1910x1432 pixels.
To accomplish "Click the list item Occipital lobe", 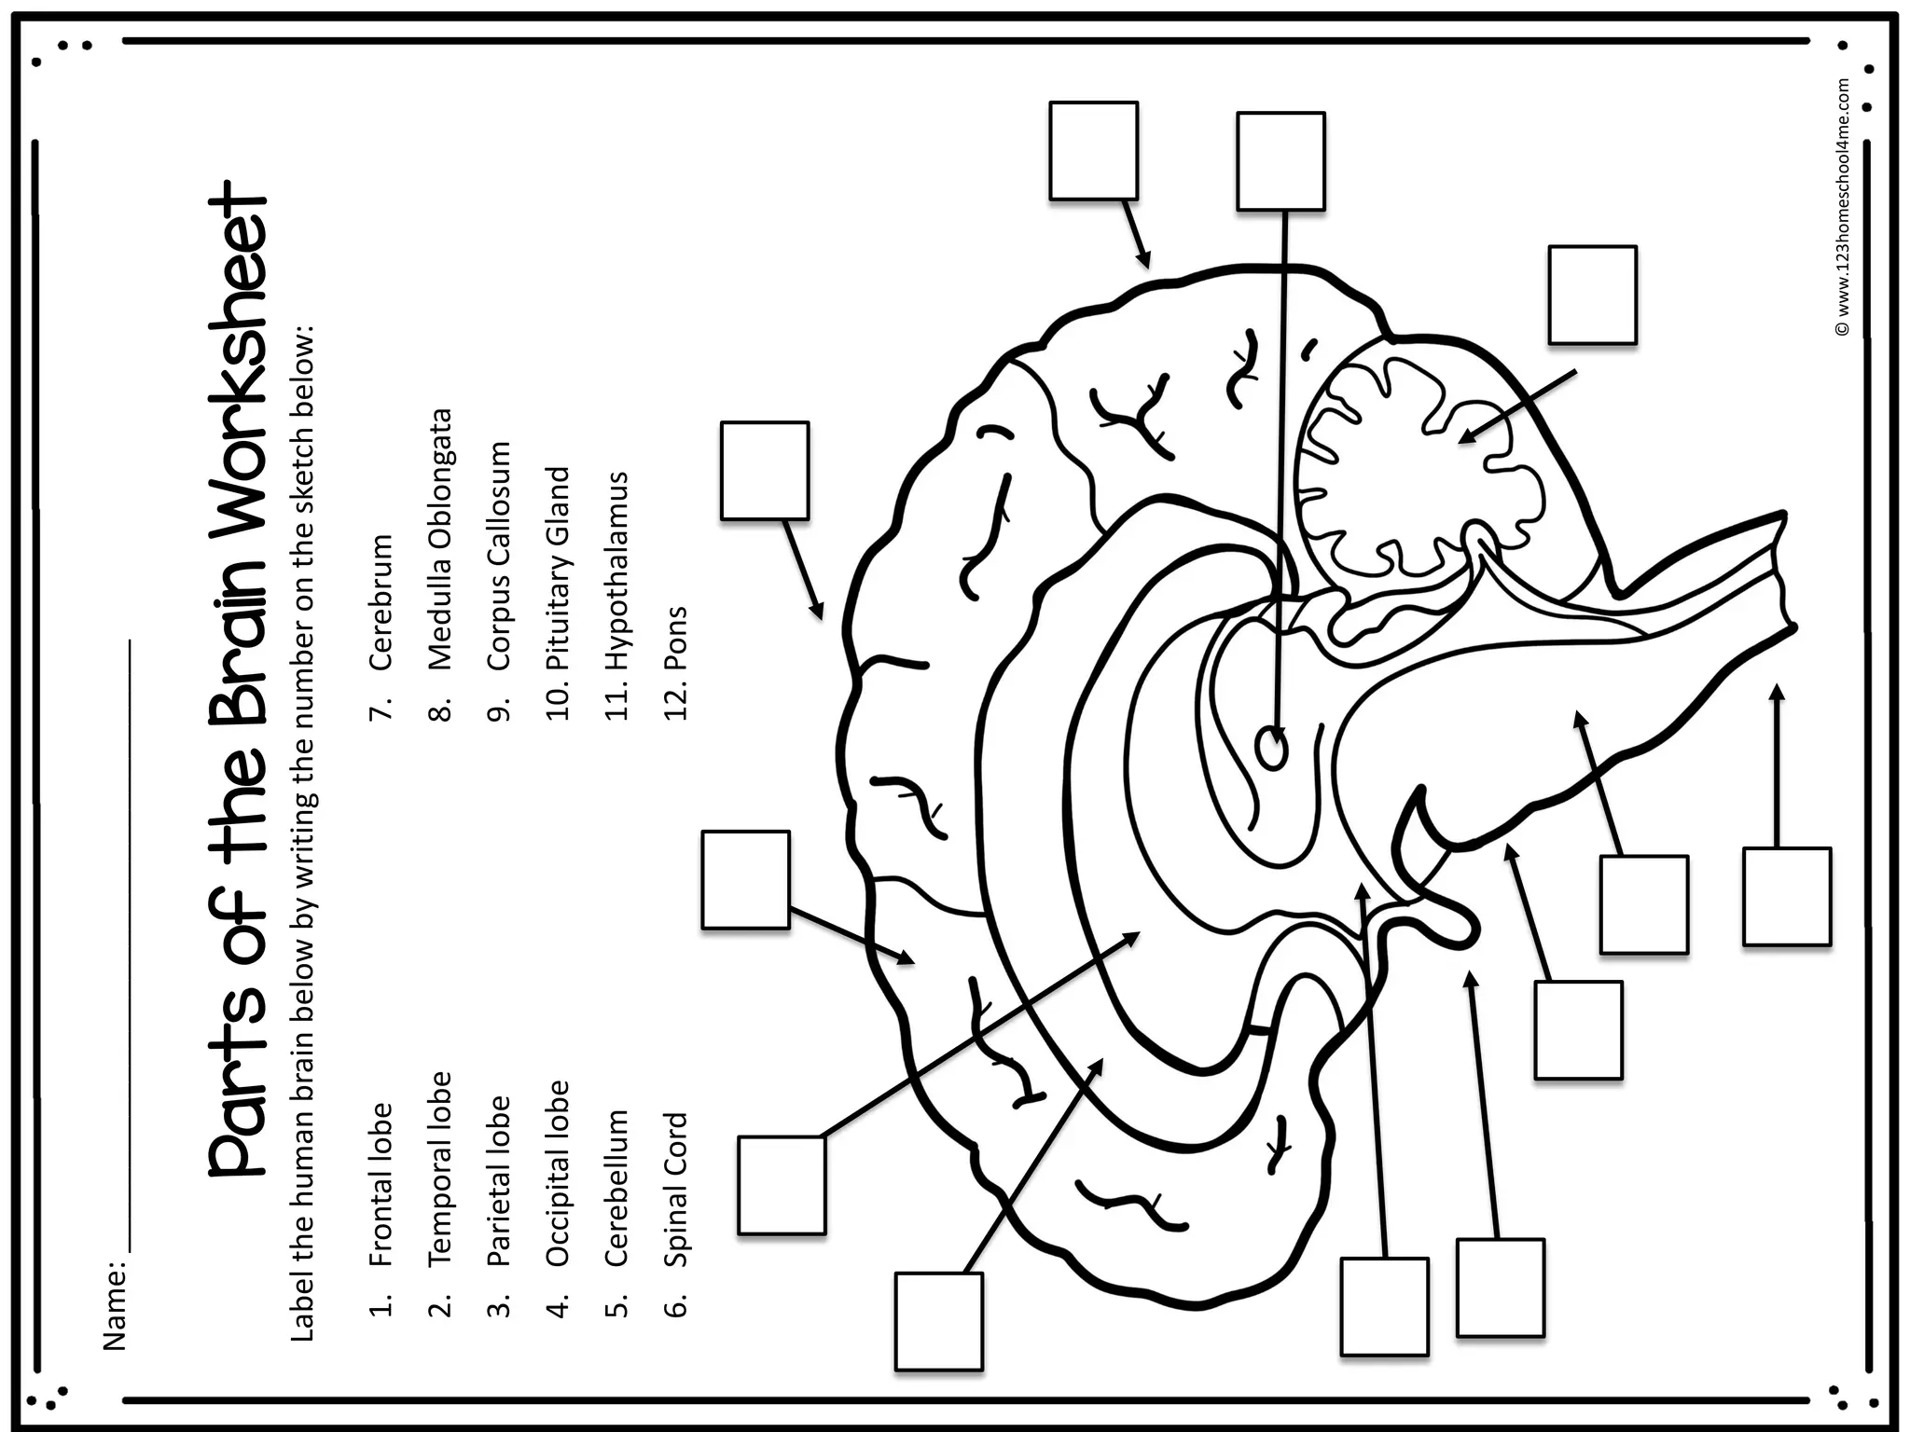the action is point(557,1172).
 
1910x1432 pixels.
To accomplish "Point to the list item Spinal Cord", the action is point(675,1189).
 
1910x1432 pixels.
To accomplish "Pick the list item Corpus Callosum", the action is point(498,556).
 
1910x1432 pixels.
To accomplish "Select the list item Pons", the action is point(675,639).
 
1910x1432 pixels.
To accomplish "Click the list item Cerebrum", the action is point(381,602).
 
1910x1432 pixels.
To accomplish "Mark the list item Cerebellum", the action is point(616,1187).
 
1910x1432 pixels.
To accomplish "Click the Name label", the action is point(114,1305).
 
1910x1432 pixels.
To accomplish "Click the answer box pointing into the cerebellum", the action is point(1592,295).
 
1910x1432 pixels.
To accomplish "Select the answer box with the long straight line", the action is point(1280,161).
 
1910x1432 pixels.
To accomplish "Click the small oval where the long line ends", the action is point(1273,749).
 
